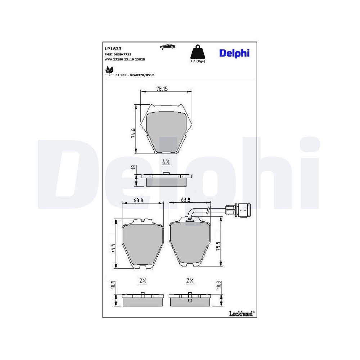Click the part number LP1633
[113, 49]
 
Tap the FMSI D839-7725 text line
[118, 54]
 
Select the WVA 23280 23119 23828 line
[125, 59]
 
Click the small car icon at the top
[167, 46]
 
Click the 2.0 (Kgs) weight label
[198, 61]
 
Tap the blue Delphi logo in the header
[234, 53]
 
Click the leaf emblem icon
[109, 71]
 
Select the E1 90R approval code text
[135, 75]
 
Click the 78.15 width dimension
[162, 89]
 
